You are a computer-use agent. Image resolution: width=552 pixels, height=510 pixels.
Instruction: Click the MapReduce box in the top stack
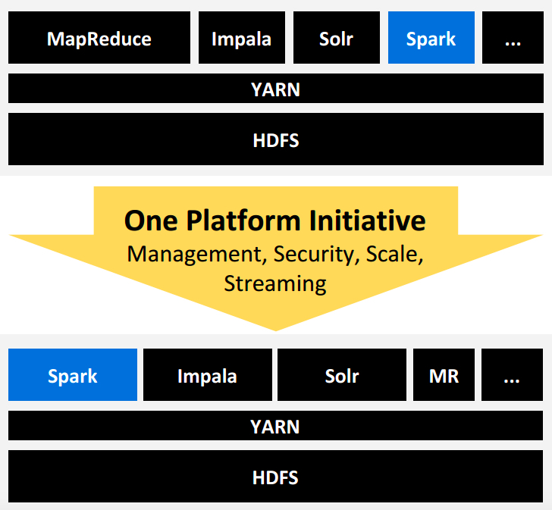point(99,38)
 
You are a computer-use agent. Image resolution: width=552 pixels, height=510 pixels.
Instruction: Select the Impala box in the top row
point(242,38)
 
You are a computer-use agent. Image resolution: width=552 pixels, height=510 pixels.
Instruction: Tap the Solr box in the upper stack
point(336,38)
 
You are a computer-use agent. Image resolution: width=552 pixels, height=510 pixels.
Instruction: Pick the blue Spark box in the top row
point(431,38)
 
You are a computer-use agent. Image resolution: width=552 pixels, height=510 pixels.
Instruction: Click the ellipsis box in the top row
point(513,38)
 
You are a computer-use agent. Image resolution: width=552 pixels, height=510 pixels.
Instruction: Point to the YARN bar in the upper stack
point(275,89)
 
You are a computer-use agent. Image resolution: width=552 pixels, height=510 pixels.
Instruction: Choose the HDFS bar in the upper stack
point(275,139)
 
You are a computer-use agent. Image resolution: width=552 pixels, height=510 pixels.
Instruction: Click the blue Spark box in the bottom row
point(73,375)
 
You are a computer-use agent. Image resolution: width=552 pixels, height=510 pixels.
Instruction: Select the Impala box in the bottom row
point(207,375)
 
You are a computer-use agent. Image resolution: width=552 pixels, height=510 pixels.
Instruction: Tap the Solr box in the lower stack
point(341,375)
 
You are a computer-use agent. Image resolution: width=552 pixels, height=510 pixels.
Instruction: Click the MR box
point(444,375)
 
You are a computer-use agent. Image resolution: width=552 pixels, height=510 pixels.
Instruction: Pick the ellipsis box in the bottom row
point(513,375)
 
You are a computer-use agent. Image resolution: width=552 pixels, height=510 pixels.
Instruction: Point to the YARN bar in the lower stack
point(275,426)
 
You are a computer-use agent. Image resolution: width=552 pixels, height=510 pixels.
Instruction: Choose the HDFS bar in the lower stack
point(275,477)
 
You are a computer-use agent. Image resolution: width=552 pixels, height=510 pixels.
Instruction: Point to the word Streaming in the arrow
point(275,283)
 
